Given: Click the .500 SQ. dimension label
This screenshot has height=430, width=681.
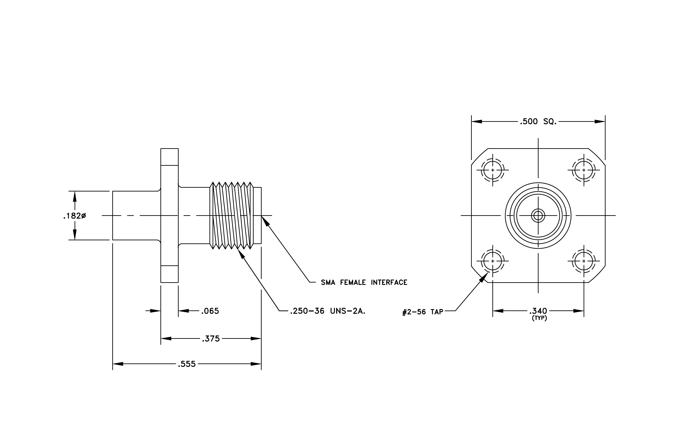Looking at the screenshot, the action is (538, 122).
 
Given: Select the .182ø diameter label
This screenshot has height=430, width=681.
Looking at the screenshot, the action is (75, 216).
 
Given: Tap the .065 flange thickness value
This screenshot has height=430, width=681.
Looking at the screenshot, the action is (210, 311).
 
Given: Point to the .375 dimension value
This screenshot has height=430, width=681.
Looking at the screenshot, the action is (211, 338).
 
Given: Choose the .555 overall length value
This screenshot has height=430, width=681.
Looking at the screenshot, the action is (187, 364).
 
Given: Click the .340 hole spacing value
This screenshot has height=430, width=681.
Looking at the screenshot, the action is (538, 311).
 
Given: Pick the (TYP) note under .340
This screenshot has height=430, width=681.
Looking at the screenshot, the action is (539, 318).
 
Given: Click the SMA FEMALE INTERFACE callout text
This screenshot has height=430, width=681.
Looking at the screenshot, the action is (364, 282).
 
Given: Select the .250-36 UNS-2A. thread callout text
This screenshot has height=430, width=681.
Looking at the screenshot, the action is (328, 311).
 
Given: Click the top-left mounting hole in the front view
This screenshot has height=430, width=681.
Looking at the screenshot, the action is (493, 170).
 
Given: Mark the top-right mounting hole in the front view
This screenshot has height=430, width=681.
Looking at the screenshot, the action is (584, 170).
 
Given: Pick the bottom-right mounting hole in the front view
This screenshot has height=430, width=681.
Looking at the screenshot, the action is (584, 261).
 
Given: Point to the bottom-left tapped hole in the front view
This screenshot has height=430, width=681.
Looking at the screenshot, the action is (493, 261).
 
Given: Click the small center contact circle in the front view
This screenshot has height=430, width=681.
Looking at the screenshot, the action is (538, 216).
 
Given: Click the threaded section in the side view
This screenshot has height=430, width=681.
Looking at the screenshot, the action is (232, 215).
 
